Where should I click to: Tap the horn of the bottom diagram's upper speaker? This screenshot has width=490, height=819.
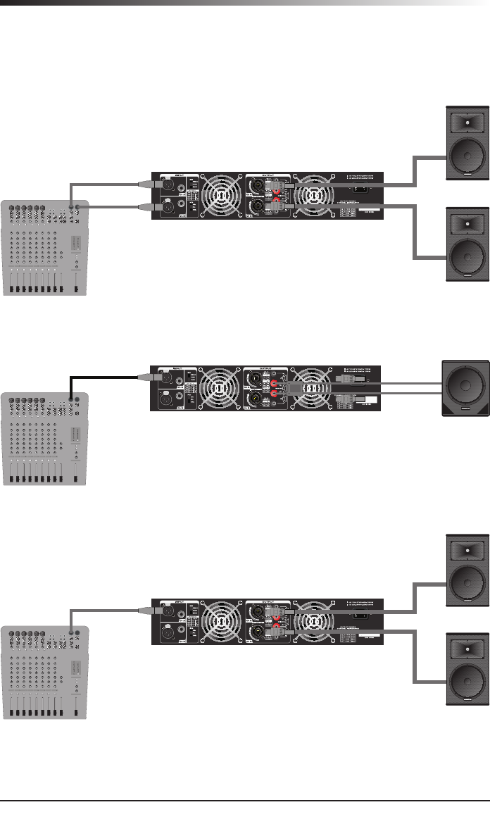pyautogui.click(x=466, y=547)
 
